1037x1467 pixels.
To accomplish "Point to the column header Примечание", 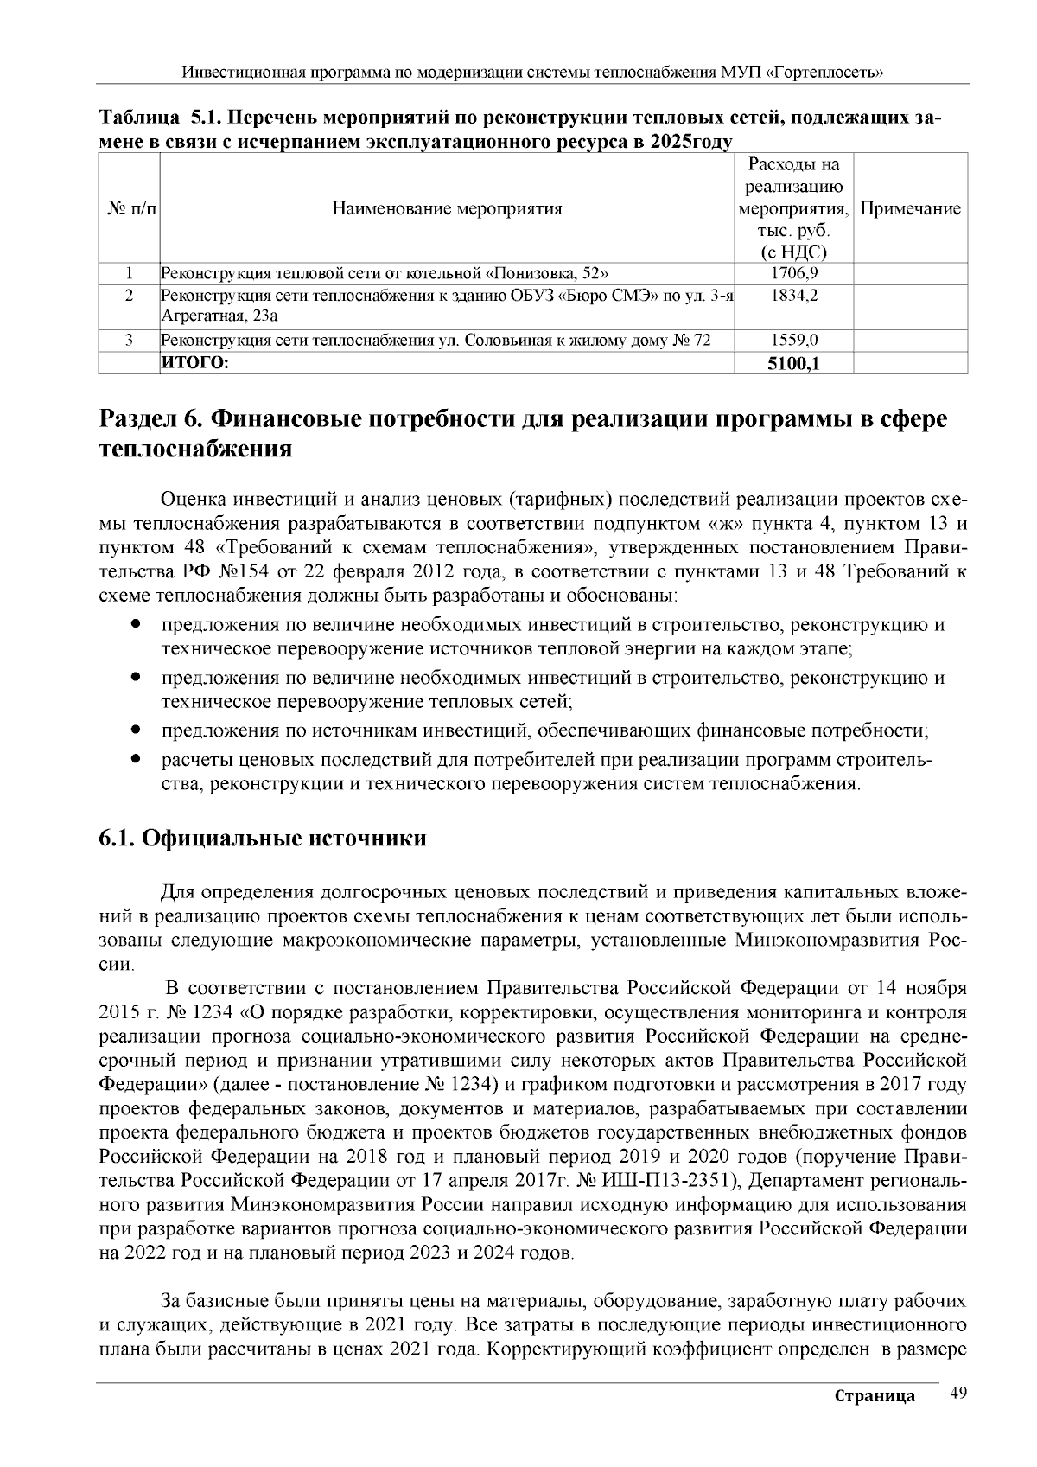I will [911, 208].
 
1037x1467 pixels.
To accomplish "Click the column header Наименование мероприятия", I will [447, 208].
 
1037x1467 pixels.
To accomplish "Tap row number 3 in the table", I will [129, 341].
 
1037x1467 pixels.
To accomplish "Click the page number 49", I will [957, 1393].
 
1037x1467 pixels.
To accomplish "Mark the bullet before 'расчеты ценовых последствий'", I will [136, 761].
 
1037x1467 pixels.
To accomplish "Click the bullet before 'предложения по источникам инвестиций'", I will [136, 730].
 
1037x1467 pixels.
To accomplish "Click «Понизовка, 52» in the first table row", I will [543, 274].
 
